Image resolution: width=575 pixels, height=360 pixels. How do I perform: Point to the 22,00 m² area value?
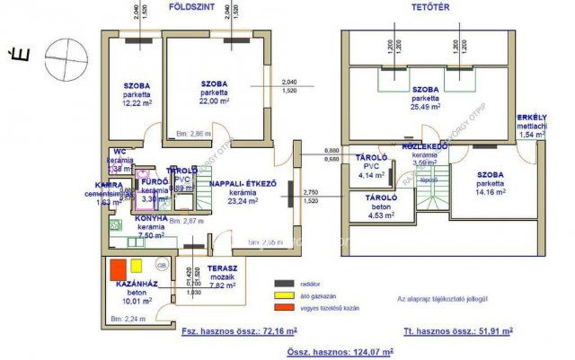215,101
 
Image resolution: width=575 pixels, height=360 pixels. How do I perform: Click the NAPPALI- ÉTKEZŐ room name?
241,183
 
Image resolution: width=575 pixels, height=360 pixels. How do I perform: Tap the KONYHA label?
150,218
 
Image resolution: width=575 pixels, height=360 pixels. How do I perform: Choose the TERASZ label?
222,268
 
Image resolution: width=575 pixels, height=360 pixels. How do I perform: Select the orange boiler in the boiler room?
117,268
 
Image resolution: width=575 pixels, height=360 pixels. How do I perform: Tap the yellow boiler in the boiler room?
137,266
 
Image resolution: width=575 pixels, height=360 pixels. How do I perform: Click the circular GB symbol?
162,267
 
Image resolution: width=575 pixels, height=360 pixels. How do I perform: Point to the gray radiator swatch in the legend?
283,283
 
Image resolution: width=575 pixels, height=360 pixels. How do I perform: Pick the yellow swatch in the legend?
283,295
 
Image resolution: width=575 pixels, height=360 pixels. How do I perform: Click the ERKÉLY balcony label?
532,118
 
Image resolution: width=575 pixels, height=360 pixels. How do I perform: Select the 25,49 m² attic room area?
425,107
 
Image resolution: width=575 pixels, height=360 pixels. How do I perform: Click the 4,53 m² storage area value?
381,215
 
